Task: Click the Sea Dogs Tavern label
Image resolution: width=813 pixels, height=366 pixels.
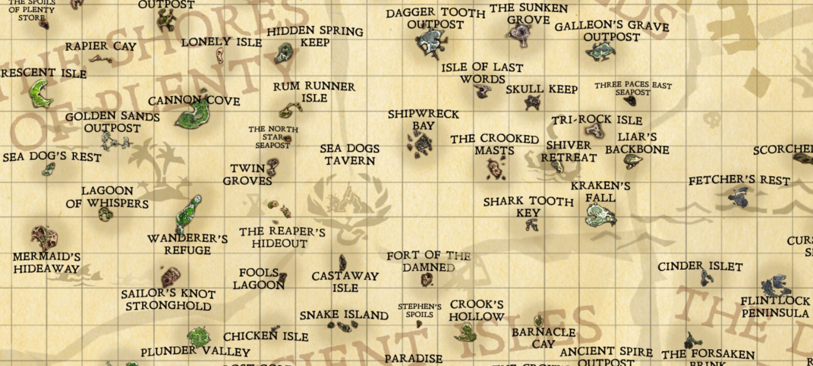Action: click(350, 155)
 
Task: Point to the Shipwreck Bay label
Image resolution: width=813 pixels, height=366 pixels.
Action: click(423, 120)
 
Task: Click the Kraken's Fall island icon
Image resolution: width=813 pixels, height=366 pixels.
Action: click(600, 215)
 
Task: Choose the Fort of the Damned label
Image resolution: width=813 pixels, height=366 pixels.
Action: click(429, 261)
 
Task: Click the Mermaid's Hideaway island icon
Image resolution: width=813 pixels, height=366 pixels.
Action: click(45, 238)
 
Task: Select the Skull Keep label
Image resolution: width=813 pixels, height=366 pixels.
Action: click(542, 90)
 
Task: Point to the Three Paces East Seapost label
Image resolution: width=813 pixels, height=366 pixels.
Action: click(633, 88)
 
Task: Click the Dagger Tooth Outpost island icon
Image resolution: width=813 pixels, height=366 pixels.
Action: click(431, 43)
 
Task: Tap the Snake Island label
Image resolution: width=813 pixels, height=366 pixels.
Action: click(344, 315)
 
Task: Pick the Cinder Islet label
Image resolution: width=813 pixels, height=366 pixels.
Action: click(700, 267)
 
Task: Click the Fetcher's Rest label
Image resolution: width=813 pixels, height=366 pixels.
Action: click(739, 180)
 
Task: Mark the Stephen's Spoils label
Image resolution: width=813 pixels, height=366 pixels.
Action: click(419, 310)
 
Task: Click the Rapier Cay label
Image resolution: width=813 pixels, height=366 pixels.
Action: click(100, 46)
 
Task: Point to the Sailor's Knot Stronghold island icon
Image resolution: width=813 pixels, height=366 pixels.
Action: click(170, 277)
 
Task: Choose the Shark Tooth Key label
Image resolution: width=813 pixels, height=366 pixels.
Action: click(528, 207)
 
